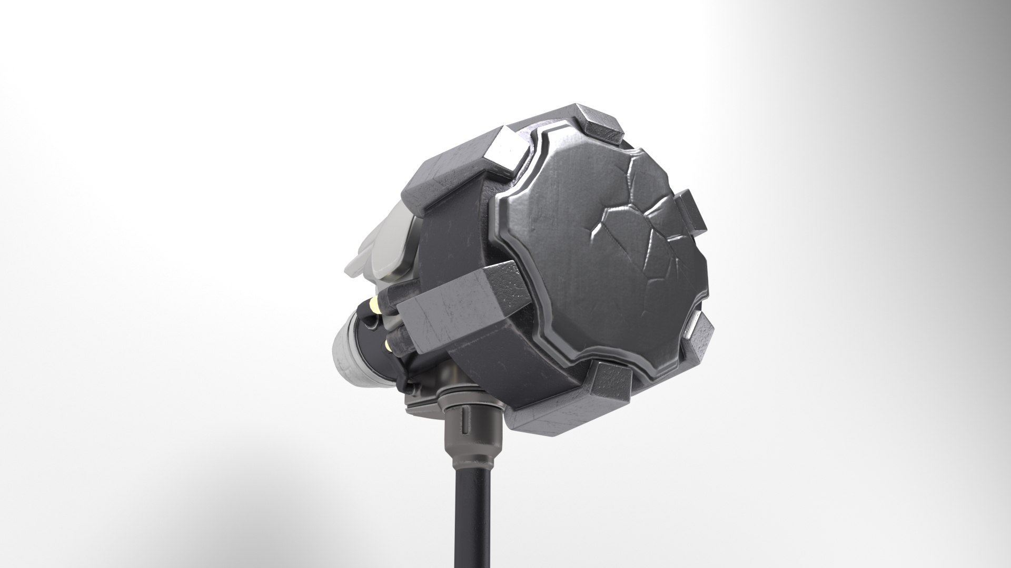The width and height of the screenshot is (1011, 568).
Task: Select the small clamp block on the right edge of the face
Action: (691, 211)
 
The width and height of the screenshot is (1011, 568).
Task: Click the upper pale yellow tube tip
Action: (375, 304)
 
